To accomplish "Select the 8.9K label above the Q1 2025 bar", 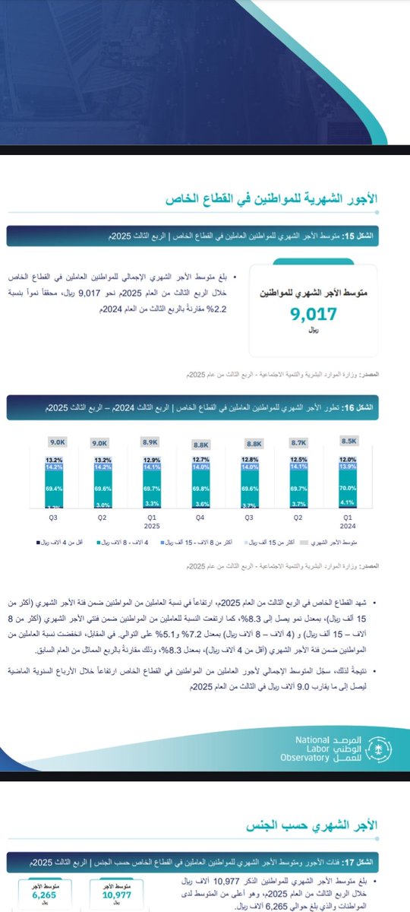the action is (x=151, y=442).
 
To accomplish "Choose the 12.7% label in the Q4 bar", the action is (x=201, y=459).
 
